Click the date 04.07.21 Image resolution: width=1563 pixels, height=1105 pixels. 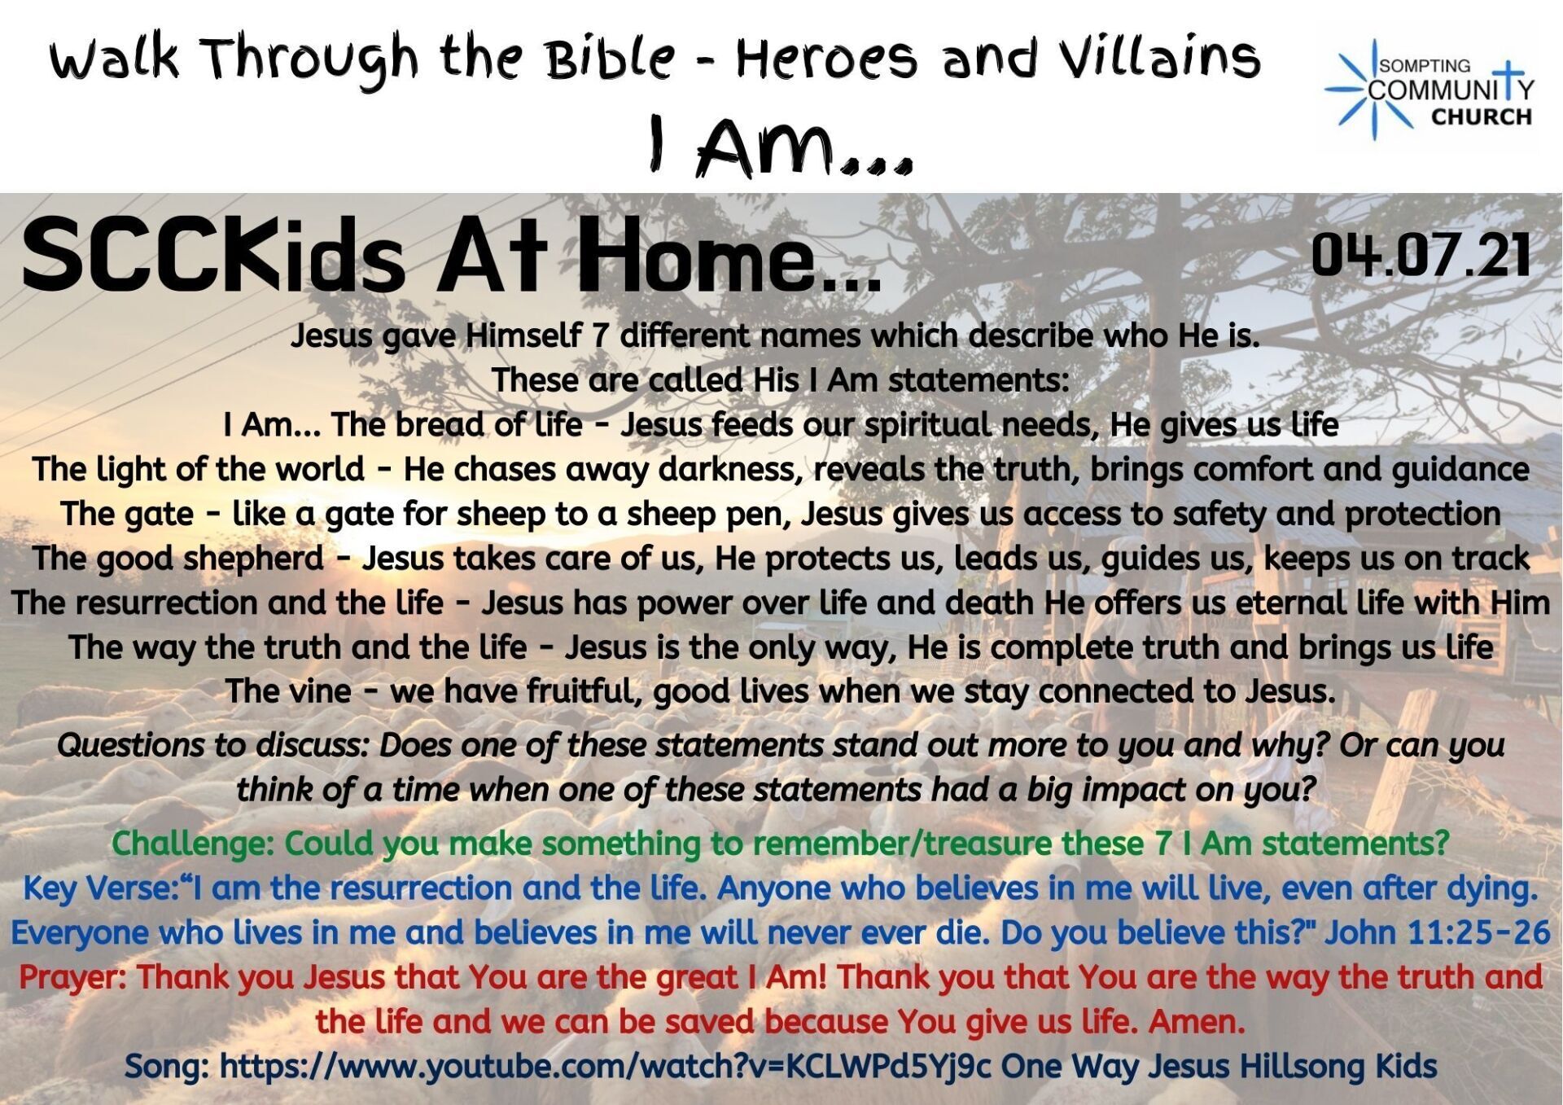[1421, 255]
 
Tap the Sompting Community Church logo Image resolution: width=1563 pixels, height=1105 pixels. [1429, 90]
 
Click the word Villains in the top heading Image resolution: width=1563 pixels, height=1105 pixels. [1161, 59]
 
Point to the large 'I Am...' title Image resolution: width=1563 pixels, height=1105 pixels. [780, 146]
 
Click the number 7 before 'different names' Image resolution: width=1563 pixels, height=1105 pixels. [601, 335]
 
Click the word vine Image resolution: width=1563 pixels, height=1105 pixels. [317, 691]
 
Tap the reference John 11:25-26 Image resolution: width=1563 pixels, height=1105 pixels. [1438, 932]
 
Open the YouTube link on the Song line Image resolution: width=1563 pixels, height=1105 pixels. [606, 1067]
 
